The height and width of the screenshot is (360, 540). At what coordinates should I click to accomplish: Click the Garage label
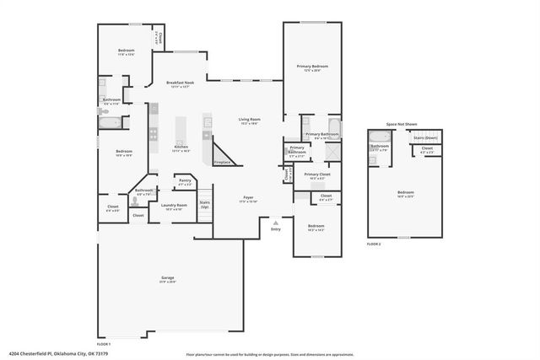click(x=168, y=278)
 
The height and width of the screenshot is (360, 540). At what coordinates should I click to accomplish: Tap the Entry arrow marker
click(x=275, y=223)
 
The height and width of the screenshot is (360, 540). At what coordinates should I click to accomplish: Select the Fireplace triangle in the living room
click(x=224, y=155)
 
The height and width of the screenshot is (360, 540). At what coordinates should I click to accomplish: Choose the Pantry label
click(x=185, y=181)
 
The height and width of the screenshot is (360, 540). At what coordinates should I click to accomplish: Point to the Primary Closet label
click(x=317, y=175)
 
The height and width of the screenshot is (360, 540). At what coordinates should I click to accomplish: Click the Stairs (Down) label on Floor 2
click(x=425, y=137)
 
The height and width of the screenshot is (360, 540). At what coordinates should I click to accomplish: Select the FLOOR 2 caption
click(x=374, y=243)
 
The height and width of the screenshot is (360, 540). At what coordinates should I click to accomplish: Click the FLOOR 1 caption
click(x=104, y=344)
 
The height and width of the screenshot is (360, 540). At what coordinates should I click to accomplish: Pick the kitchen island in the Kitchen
click(x=180, y=132)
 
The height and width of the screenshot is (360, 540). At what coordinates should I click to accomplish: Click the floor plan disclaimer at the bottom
click(x=270, y=354)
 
